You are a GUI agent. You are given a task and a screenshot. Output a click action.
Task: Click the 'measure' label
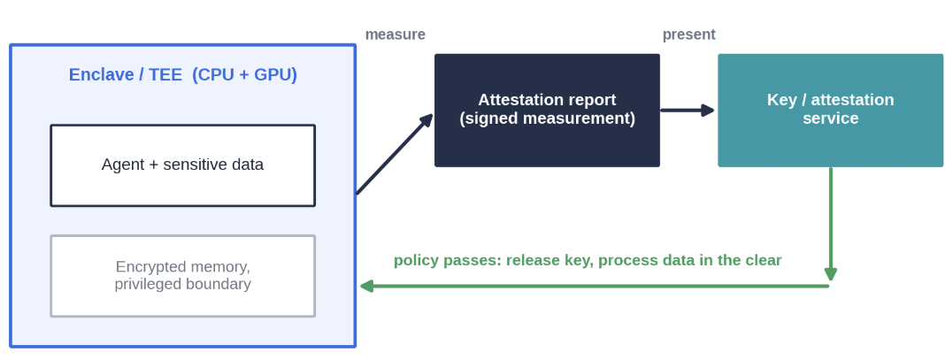(396, 34)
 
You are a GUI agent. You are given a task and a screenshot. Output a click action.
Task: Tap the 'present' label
(689, 34)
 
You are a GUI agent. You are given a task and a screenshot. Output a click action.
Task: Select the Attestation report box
(547, 111)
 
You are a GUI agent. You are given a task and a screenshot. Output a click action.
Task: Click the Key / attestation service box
(831, 111)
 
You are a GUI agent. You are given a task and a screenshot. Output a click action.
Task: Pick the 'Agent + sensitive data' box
(182, 165)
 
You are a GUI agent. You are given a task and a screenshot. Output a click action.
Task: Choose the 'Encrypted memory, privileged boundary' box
(182, 276)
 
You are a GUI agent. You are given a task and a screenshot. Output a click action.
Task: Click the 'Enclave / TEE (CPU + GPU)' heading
(182, 74)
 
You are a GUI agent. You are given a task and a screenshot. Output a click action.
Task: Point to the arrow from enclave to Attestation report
(395, 154)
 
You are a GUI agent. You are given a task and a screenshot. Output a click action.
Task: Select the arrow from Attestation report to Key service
(688, 111)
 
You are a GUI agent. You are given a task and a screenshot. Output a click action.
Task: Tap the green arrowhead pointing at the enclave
(367, 286)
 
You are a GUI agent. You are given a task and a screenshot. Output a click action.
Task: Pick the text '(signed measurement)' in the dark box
(547, 119)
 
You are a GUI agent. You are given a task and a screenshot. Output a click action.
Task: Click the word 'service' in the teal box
(831, 118)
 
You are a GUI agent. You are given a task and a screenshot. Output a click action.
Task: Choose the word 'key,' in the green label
(580, 261)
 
